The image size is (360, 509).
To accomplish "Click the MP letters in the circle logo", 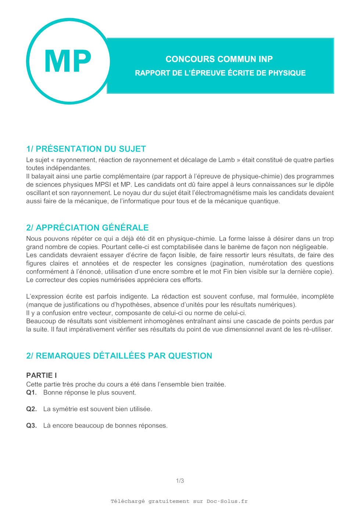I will point(68,61).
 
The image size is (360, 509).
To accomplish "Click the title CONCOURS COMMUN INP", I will point(219,59).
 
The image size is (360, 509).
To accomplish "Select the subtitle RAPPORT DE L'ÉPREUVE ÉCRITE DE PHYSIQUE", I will point(220,73).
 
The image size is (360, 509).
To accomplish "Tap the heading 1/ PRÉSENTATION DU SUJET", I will point(86,149).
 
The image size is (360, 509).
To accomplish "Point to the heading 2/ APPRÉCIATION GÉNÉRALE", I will point(87,228).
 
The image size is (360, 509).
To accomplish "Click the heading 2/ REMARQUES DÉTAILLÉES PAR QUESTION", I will point(119,356).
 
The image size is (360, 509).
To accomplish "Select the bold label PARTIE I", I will point(42,375).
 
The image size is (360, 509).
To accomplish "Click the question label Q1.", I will point(31,393).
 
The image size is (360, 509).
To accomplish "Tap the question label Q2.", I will point(31,409).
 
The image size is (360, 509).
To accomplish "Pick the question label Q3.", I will point(31,426).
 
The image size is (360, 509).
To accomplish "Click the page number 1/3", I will point(180,481).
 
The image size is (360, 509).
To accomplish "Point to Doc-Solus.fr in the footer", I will point(227,501).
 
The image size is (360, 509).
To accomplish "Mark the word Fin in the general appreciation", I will point(227,272).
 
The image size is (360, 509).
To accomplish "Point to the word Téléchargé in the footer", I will point(128,501).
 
